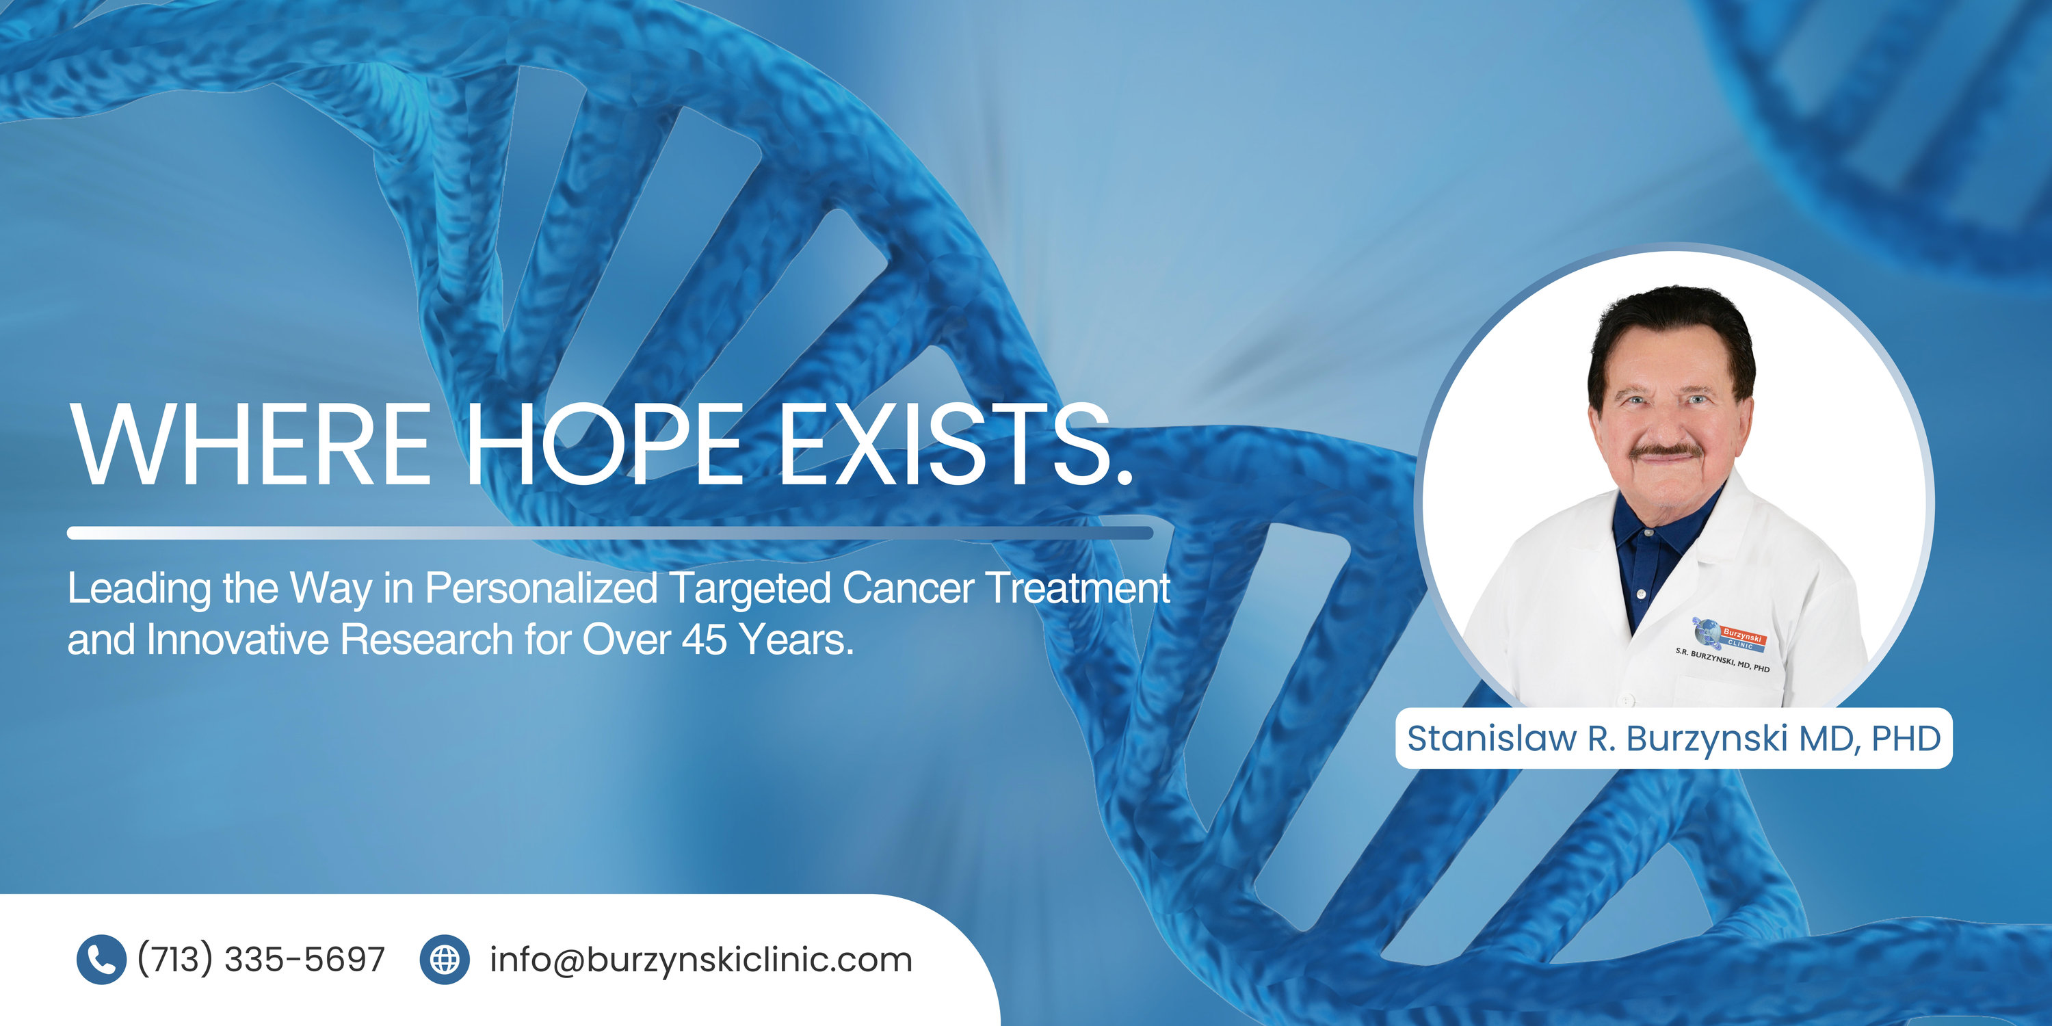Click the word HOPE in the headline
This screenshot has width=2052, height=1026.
coord(605,444)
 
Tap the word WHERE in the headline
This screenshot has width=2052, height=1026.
coord(252,444)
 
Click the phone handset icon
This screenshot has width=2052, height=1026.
coord(101,959)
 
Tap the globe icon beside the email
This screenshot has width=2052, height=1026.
coord(445,959)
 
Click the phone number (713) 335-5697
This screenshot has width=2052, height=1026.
coord(261,959)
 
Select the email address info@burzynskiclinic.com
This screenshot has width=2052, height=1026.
coord(701,959)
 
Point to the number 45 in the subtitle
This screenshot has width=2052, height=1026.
coord(705,639)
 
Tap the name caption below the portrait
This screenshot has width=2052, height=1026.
coord(1674,739)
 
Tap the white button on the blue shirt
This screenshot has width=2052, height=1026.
coord(1641,594)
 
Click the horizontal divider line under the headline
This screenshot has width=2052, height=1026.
coord(610,533)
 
